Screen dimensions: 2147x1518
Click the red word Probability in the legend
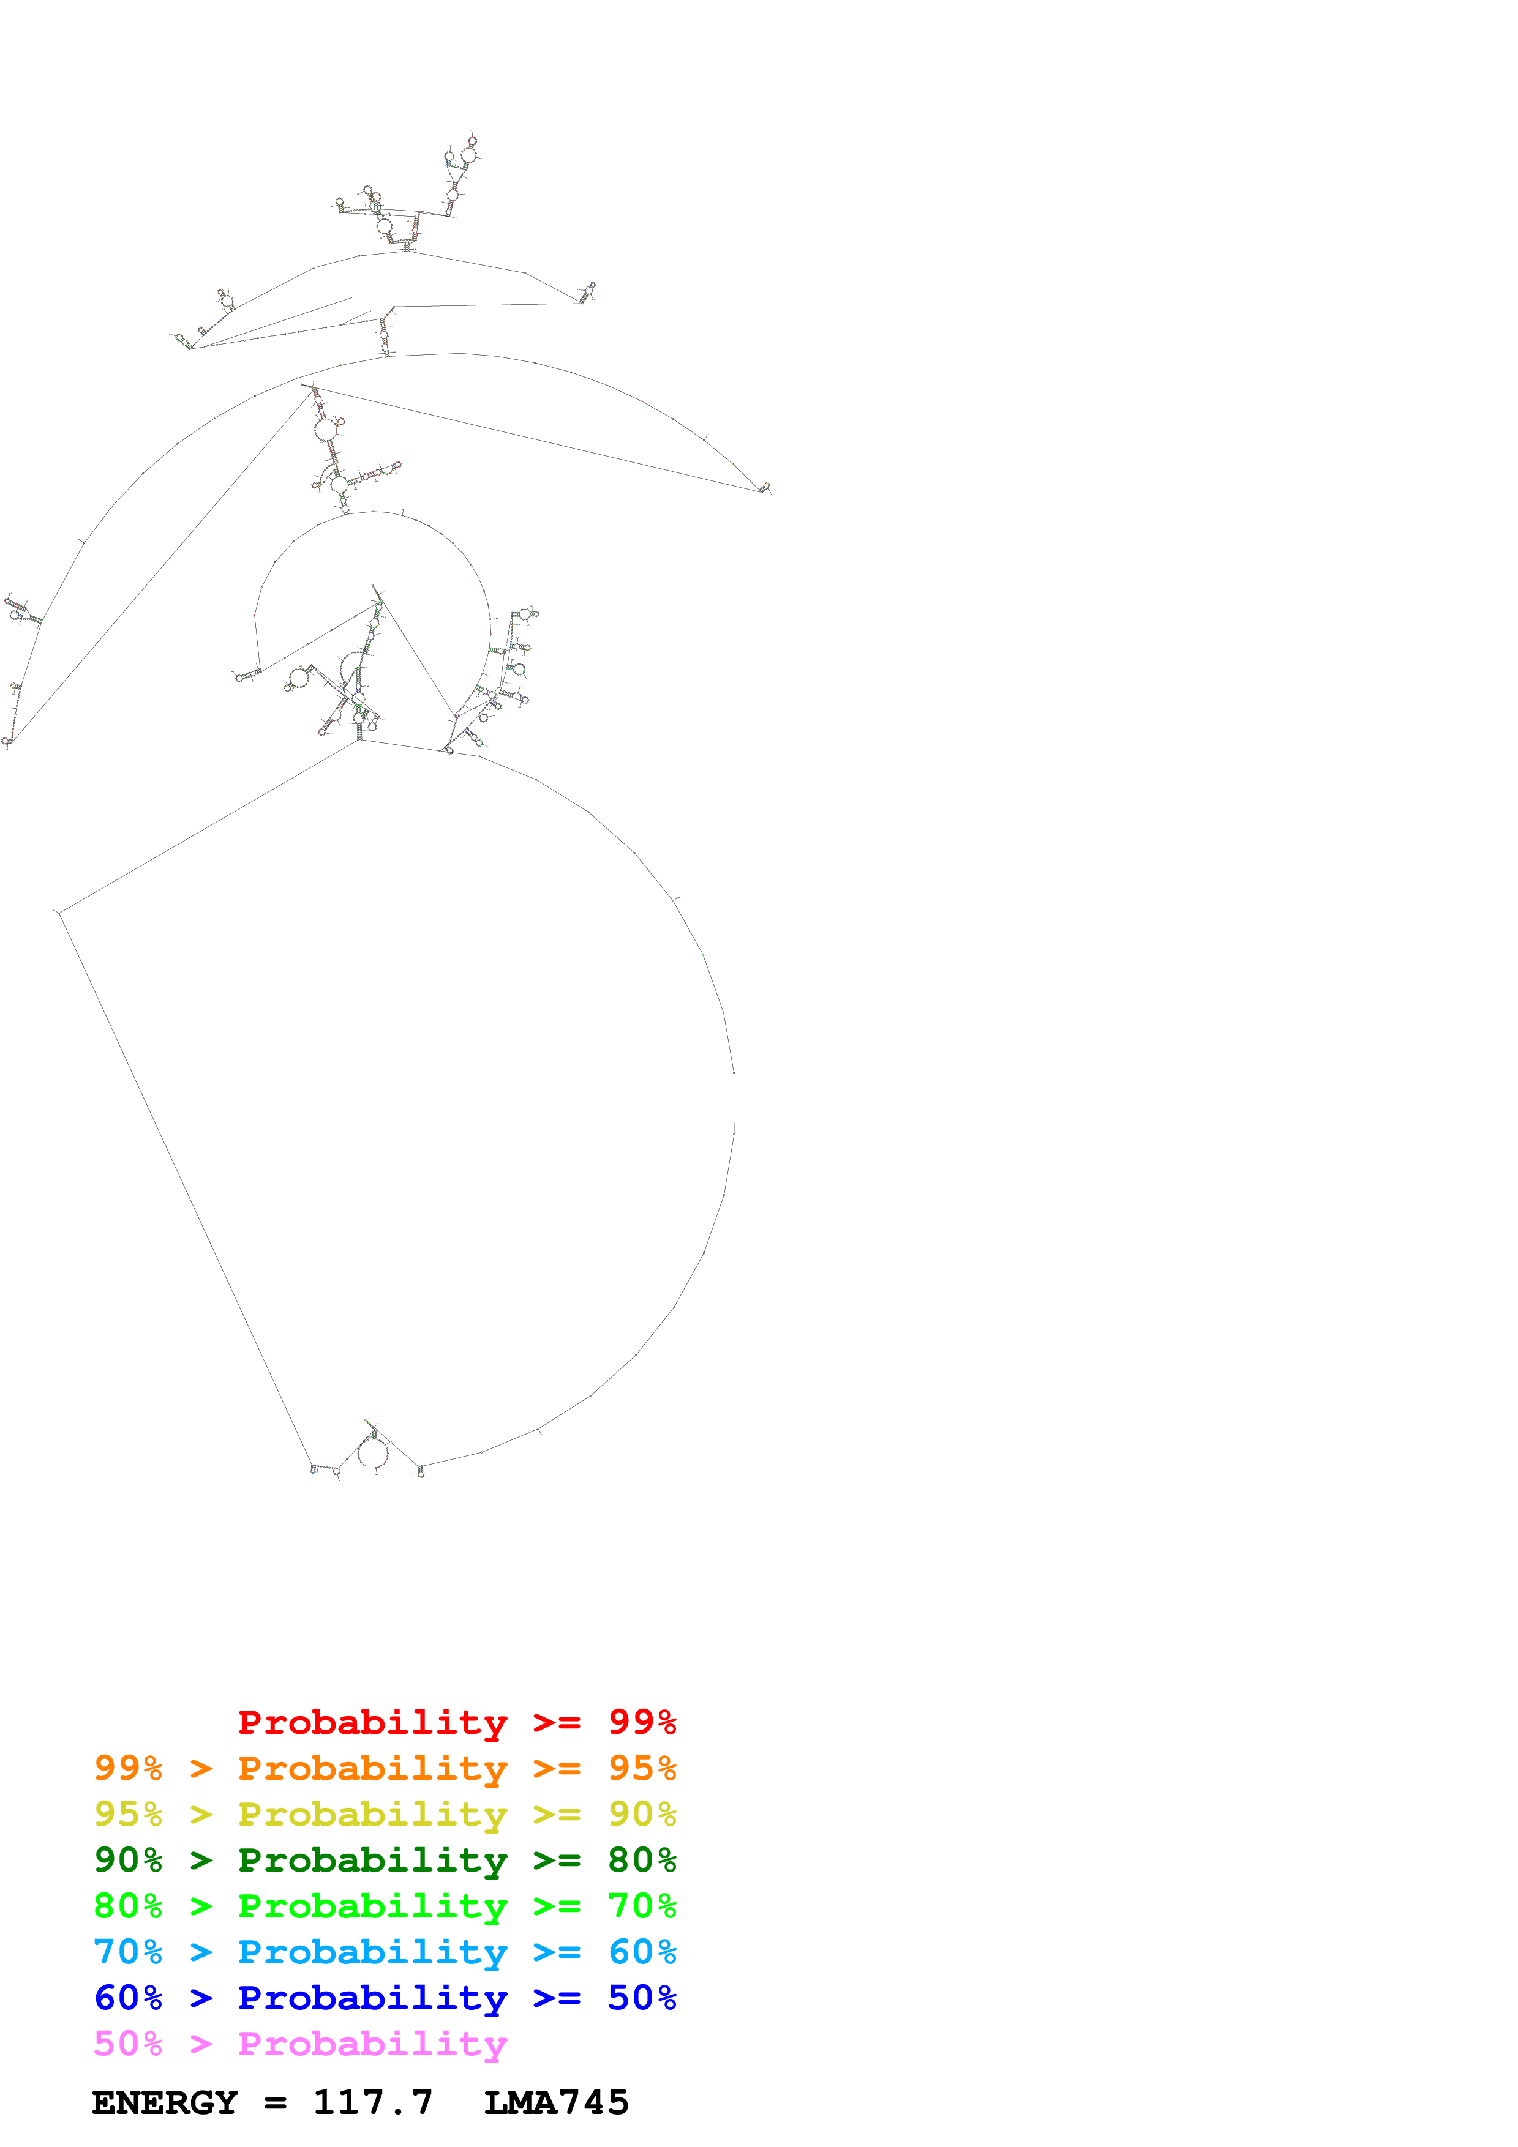[372, 1722]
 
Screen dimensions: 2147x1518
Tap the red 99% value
[642, 1722]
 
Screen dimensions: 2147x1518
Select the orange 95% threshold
[642, 1768]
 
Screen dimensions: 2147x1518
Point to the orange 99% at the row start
[128, 1768]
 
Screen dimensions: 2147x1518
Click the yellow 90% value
[642, 1813]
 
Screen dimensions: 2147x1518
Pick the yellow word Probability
[372, 1814]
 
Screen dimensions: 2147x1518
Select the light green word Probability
[372, 1906]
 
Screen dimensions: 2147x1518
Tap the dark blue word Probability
[372, 1998]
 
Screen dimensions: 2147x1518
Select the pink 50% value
[128, 2043]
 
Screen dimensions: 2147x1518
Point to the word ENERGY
[165, 2102]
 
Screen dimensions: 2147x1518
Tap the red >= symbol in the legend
[557, 1722]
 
